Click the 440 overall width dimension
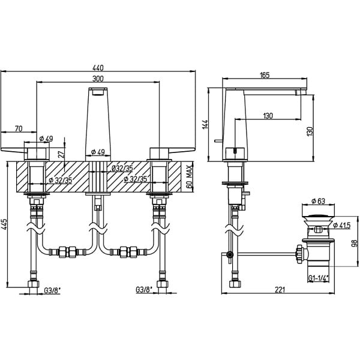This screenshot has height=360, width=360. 98,68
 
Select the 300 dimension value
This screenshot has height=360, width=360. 98,79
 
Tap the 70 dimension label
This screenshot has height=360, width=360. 19,129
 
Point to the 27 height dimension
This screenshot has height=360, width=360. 61,154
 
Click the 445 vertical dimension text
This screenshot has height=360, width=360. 5,224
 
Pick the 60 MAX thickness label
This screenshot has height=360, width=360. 189,176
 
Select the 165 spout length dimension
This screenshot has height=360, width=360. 265,75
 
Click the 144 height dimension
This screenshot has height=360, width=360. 205,124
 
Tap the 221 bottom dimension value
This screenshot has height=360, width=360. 280,290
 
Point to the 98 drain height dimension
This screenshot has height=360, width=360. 355,243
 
